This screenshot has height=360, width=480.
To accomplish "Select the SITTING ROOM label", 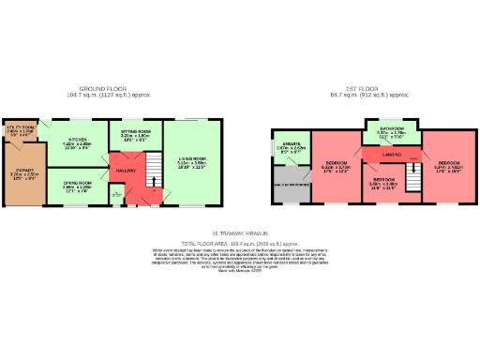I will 136,133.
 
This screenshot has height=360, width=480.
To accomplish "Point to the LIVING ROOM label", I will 190,161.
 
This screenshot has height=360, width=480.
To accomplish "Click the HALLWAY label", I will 127,171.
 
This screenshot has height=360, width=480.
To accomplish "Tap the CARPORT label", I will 22,172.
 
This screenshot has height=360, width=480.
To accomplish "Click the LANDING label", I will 392,154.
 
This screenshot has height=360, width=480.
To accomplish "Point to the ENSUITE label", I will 288,145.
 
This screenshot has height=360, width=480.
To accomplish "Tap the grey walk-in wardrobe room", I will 290,186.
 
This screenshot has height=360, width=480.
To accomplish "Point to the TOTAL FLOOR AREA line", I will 240,241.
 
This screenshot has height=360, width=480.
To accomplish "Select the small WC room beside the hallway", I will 115,195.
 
